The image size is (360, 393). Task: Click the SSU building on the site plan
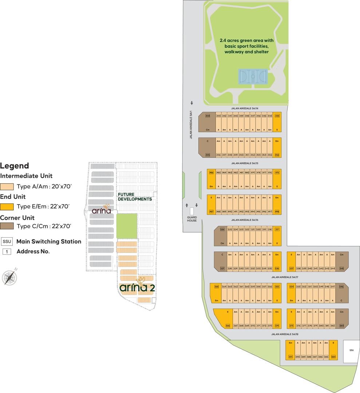coord(351,351)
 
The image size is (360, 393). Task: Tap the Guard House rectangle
coord(192,211)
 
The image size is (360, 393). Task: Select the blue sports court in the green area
coord(253,76)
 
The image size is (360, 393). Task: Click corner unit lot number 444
coord(207,116)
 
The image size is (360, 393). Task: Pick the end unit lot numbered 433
coord(277,116)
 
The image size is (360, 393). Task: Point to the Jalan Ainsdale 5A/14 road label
coord(244,108)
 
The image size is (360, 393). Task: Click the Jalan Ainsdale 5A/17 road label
coord(285,277)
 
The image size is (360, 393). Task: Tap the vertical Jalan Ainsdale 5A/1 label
coord(191,125)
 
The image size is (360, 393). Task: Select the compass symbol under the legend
coord(9,277)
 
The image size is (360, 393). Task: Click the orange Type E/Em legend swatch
coord(7,207)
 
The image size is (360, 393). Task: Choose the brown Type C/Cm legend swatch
coord(7,226)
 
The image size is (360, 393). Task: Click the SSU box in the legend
coord(7,242)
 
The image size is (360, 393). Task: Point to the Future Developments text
coord(134,197)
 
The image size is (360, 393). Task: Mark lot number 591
coord(290,357)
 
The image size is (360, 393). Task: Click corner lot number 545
coord(341,269)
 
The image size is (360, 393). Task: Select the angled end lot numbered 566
coord(228,326)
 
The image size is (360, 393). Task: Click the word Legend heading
coord(15,166)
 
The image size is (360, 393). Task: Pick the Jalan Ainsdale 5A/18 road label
coord(285,334)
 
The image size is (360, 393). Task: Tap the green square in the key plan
coord(127,226)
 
